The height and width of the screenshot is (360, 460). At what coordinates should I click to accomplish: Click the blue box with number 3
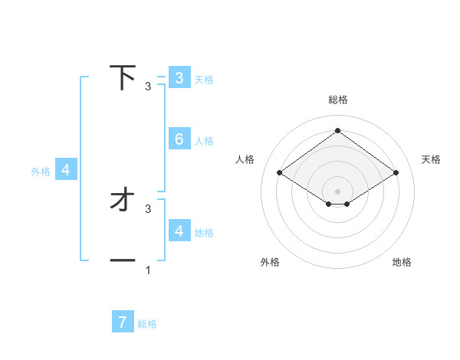pos(179,77)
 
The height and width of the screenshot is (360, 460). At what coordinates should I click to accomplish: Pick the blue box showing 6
pos(179,139)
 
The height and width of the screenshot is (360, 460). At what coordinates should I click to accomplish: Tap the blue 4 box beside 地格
pos(179,231)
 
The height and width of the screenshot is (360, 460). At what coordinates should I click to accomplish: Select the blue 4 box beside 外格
pos(66,170)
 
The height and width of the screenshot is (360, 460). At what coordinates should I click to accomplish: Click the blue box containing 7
pos(123,322)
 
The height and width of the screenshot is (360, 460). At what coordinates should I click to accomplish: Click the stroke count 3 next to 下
pos(148,86)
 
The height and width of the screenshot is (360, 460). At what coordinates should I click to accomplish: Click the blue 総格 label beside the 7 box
pos(147,324)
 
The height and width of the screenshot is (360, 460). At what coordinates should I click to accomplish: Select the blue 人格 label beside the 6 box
pos(204,141)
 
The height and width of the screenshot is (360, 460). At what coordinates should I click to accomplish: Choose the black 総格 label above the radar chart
pos(337,100)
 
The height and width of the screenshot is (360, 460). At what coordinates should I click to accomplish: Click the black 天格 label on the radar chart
pos(432,159)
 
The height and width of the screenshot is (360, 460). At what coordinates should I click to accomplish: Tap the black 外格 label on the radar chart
pos(270,262)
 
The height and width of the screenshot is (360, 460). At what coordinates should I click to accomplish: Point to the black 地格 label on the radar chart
pos(402,262)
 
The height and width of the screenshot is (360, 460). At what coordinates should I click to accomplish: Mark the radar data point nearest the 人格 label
pos(280,173)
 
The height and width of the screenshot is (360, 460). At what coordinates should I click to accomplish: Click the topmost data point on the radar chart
pos(337,131)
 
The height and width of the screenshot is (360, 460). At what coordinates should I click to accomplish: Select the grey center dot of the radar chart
pos(337,191)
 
